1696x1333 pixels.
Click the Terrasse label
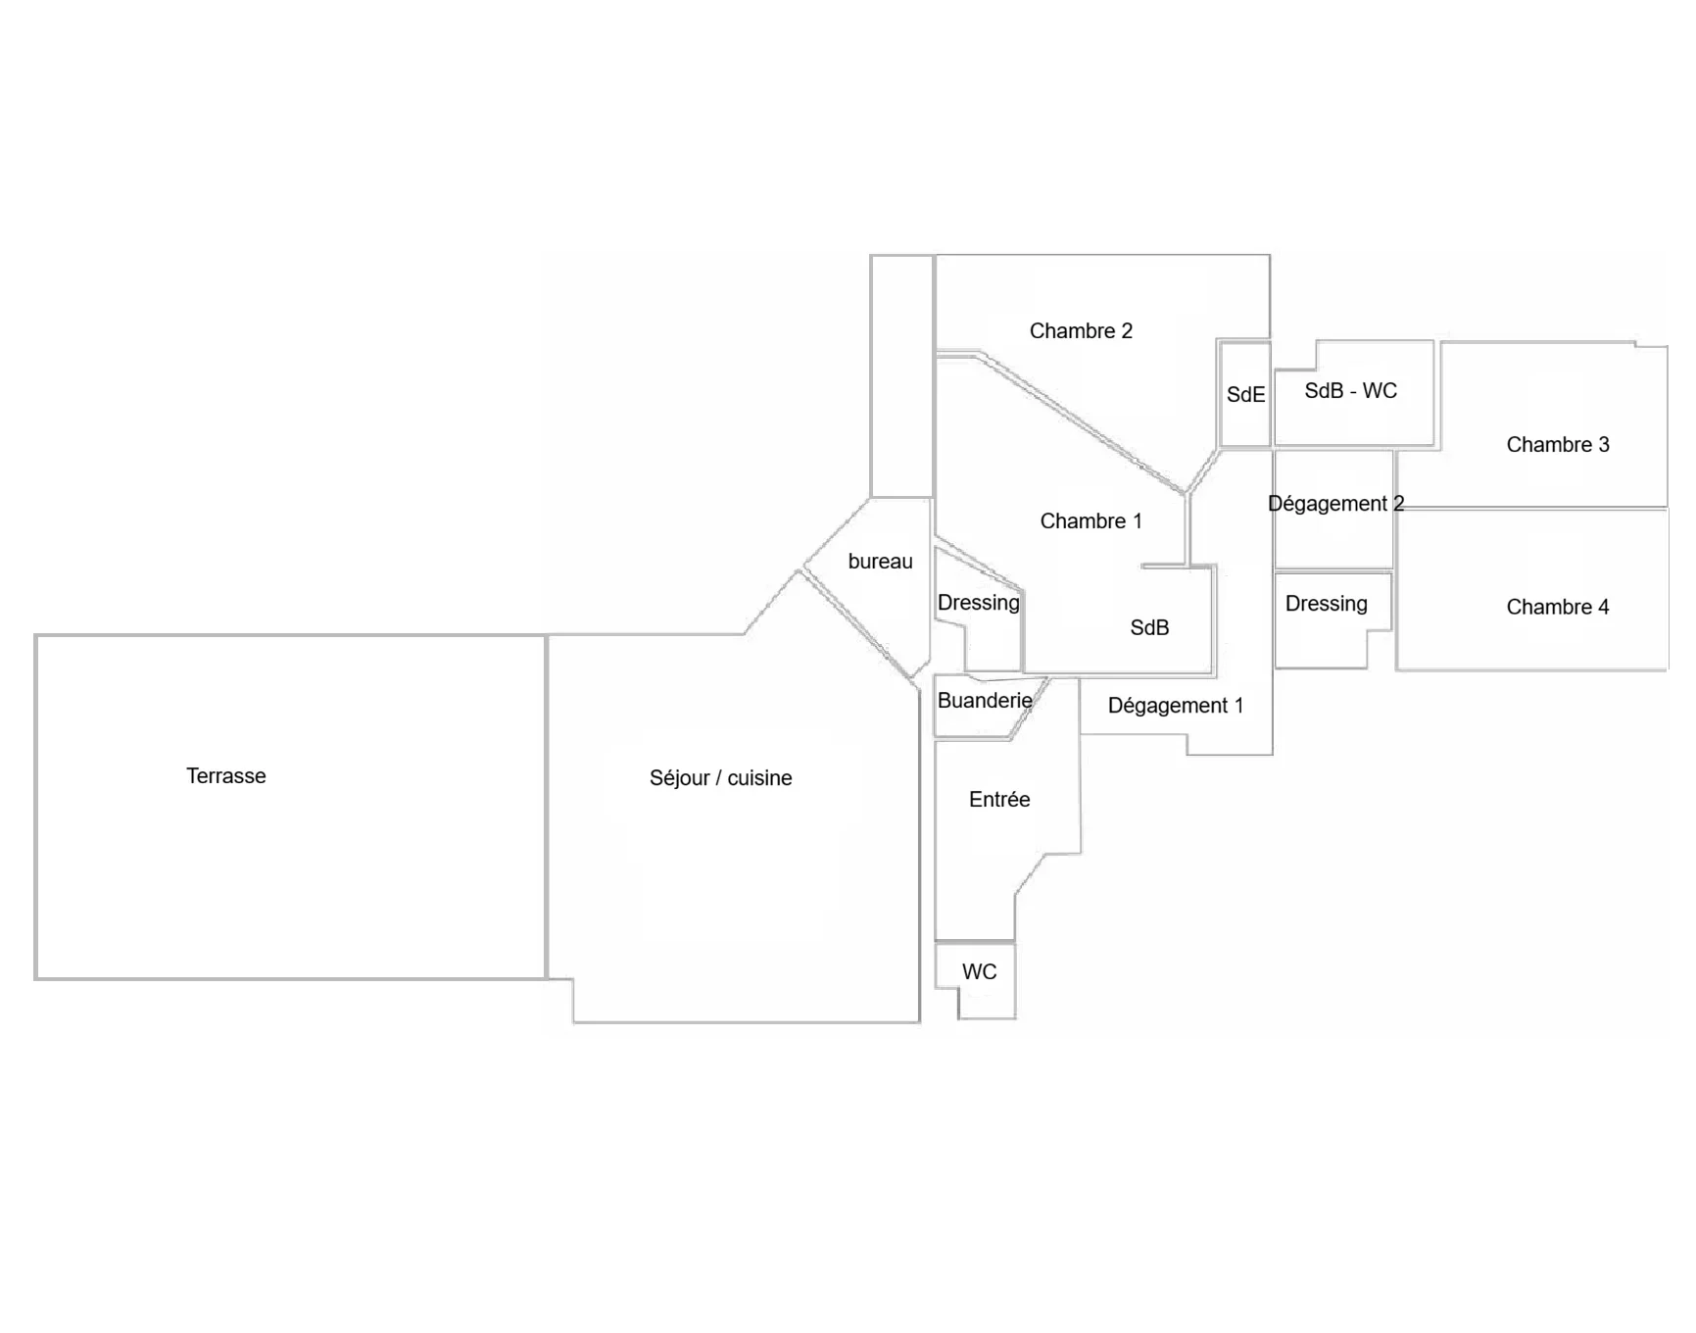tap(225, 776)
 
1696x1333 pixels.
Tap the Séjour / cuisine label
tap(720, 778)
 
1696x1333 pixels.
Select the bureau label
tap(880, 562)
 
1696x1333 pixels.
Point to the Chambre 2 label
tap(1081, 331)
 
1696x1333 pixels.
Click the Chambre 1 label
tap(1090, 521)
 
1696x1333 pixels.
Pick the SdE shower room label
tap(1245, 395)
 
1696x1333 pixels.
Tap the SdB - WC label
tap(1350, 391)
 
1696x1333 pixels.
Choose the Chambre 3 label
tap(1557, 445)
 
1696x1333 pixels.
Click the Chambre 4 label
tap(1557, 608)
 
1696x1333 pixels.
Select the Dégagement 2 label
tap(1335, 504)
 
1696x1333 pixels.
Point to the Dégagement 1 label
tap(1175, 706)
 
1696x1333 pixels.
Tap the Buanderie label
tap(985, 701)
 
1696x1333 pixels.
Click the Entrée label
tap(999, 800)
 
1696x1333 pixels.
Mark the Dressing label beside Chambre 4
tap(1326, 604)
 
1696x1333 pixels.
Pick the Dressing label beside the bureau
tap(978, 603)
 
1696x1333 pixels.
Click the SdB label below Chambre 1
tap(1149, 628)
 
